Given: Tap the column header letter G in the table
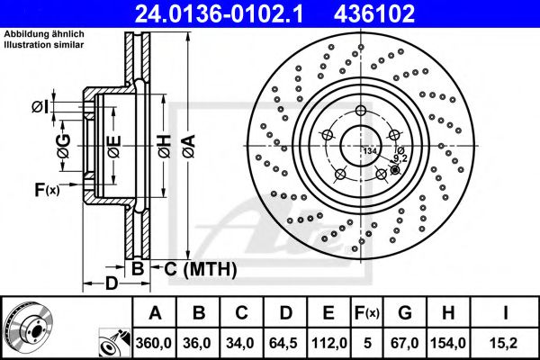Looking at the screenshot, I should click(406, 312).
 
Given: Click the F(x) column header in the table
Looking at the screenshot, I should click(367, 312).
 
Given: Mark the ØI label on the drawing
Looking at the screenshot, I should click(40, 108).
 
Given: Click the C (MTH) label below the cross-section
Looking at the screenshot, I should click(200, 268).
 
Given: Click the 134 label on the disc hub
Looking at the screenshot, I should click(369, 150).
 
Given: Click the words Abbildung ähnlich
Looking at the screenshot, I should click(32, 34).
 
